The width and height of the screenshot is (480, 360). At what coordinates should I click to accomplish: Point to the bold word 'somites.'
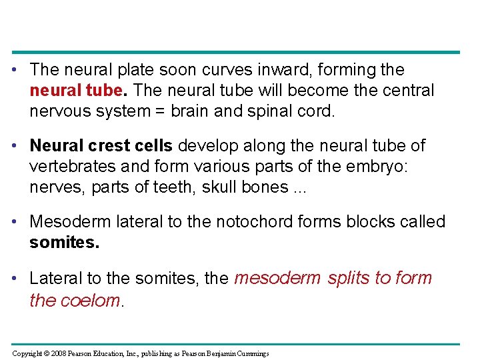click(65, 242)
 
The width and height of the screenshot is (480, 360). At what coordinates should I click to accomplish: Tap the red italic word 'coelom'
click(91, 301)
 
